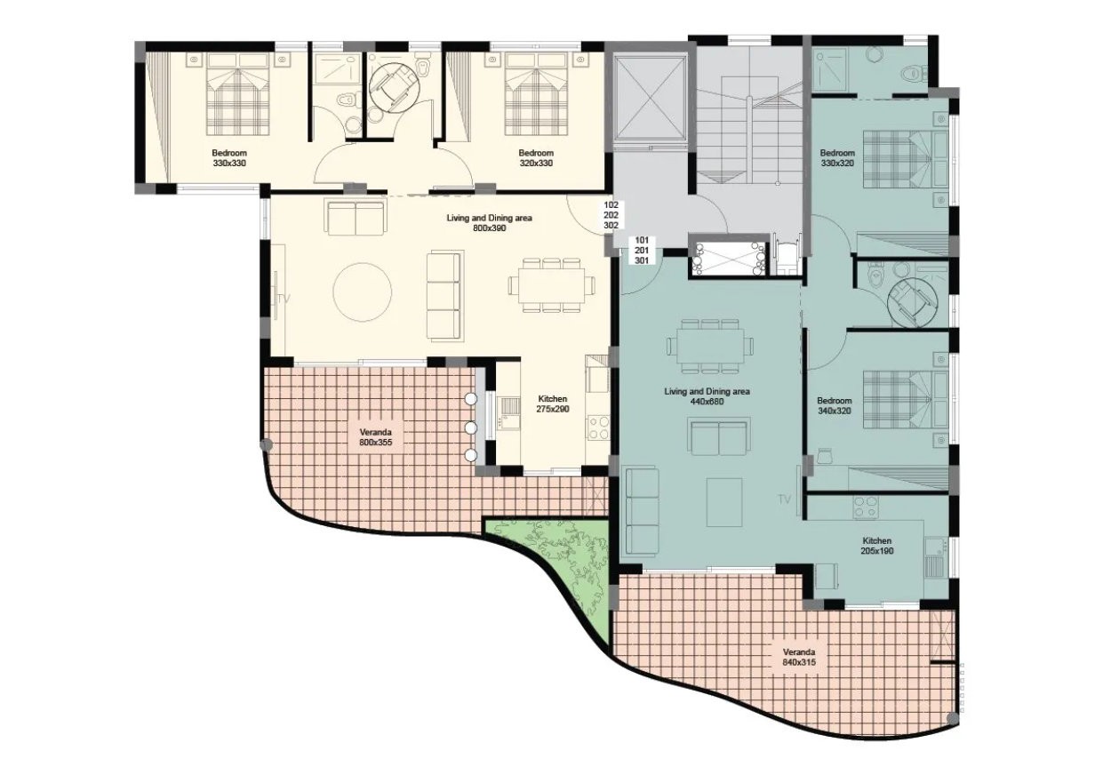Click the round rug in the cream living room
pyautogui.click(x=362, y=292)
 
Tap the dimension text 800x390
pyautogui.click(x=490, y=228)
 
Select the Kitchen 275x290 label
pyautogui.click(x=553, y=404)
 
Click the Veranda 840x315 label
pyautogui.click(x=799, y=658)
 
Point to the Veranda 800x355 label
pyautogui.click(x=375, y=437)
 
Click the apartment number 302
pyautogui.click(x=611, y=226)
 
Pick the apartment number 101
pyautogui.click(x=642, y=240)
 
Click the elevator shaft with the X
pyautogui.click(x=651, y=98)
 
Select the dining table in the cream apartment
pyautogui.click(x=552, y=284)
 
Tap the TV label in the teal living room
pyautogui.click(x=784, y=499)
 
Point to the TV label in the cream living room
pyautogui.click(x=284, y=299)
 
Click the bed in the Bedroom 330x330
pyautogui.click(x=237, y=94)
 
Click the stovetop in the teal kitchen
pyautogui.click(x=866, y=507)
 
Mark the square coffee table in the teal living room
pyautogui.click(x=724, y=502)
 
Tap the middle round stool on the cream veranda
pyautogui.click(x=470, y=428)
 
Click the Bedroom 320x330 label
pyautogui.click(x=536, y=158)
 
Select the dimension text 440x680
pyautogui.click(x=707, y=402)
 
